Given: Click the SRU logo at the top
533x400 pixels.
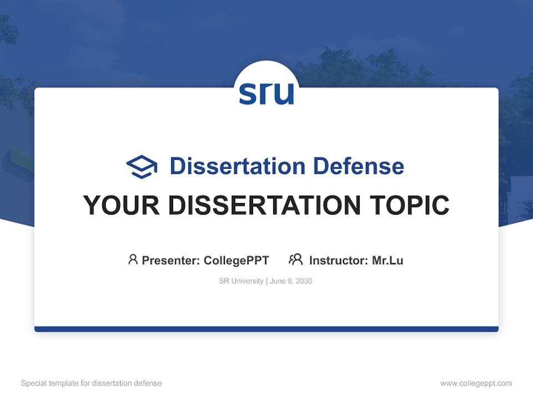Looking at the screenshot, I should click(x=266, y=93).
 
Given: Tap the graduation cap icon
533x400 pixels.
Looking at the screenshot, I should click(x=142, y=167).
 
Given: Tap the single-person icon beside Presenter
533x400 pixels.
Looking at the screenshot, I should click(x=133, y=259).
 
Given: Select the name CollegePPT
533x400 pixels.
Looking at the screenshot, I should click(x=236, y=260).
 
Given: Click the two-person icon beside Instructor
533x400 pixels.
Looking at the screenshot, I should click(x=295, y=259).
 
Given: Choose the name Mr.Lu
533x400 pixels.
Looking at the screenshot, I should click(x=388, y=260).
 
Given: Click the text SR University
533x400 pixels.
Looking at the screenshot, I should click(x=242, y=281).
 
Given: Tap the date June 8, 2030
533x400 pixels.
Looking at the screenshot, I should click(x=291, y=281).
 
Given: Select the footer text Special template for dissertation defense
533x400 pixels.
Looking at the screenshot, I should click(x=91, y=383).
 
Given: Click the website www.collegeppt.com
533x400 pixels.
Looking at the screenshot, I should click(x=476, y=383).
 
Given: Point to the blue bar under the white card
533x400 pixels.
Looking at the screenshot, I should click(x=266, y=329).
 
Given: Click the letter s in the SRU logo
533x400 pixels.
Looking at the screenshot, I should click(x=248, y=94).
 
